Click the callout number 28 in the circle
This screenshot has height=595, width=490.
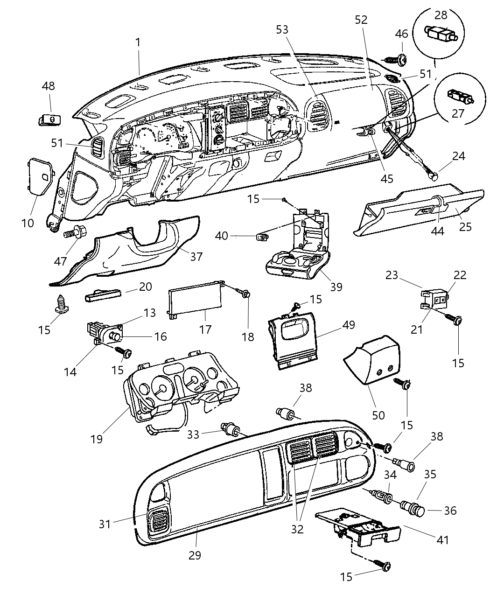point(441,15)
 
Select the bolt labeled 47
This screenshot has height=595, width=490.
point(72,231)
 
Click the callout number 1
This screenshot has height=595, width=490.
point(138,42)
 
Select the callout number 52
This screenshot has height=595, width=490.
point(361,20)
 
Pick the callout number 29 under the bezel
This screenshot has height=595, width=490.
point(195,555)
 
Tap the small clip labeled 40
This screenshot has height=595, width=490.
point(262,237)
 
